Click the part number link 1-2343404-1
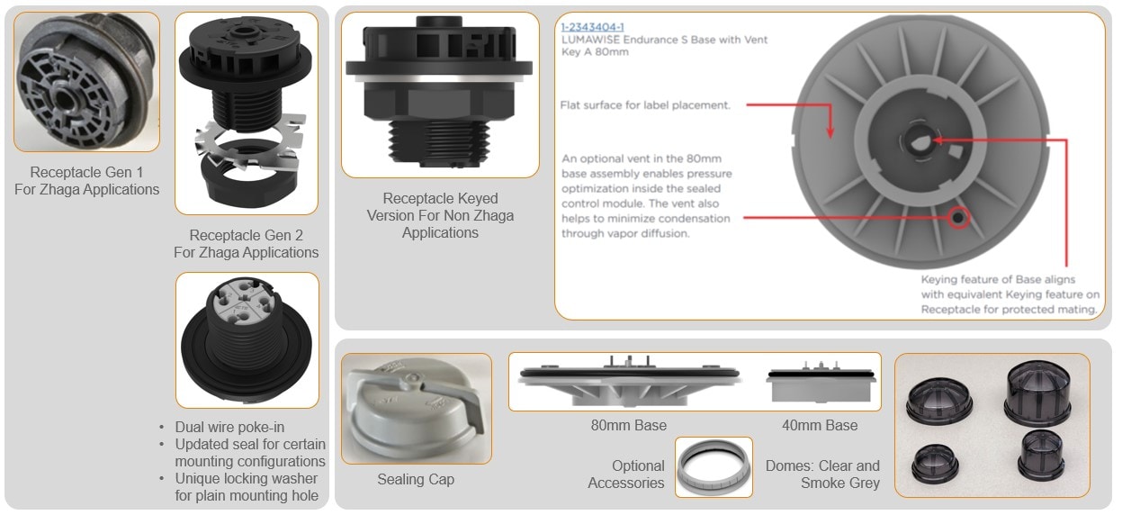point(592,27)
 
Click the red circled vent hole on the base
point(957,218)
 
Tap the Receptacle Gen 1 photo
point(86,82)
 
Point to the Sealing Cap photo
point(417,408)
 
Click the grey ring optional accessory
point(714,467)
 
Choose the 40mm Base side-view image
point(821,382)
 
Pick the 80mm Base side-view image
point(629,381)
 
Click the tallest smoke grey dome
point(1037,393)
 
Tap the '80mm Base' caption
point(629,425)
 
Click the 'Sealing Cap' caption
point(416,479)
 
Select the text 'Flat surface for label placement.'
point(645,105)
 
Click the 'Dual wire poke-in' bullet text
point(229,428)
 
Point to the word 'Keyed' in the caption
point(478,199)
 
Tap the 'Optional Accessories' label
point(626,474)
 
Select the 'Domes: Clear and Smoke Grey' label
point(822,474)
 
